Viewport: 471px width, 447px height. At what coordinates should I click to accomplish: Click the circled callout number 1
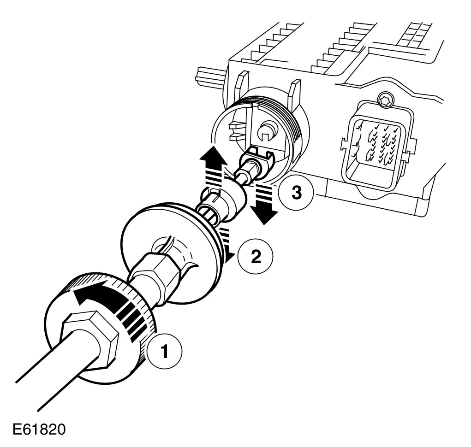[x=164, y=352]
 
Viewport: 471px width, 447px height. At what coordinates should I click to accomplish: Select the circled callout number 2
[x=254, y=256]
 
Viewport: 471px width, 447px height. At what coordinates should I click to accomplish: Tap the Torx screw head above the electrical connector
[x=383, y=99]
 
